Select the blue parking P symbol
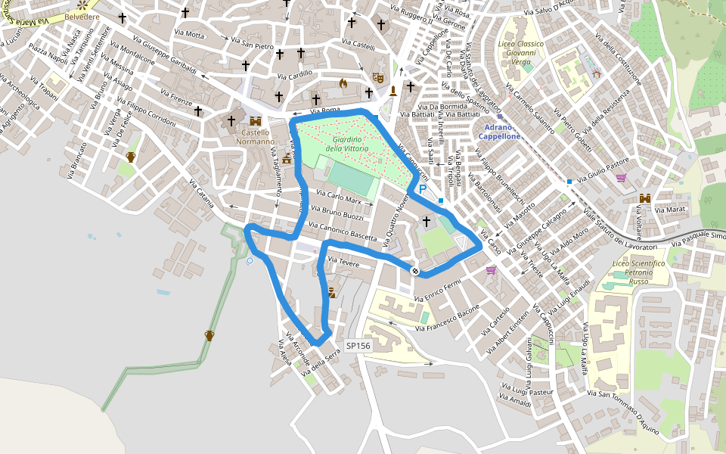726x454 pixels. (423, 189)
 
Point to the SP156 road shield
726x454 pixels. (358, 346)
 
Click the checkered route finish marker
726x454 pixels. (415, 270)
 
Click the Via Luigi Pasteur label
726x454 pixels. (526, 391)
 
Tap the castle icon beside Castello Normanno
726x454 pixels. (256, 121)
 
